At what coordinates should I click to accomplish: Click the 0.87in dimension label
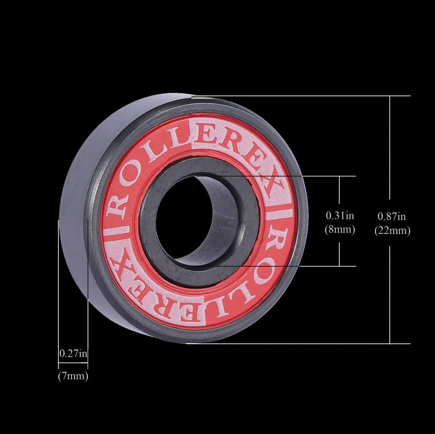391,216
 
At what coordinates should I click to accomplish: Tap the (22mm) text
392,231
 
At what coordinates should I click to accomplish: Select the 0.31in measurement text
340,216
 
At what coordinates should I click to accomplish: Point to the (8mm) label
340,230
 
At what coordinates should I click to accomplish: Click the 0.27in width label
73,354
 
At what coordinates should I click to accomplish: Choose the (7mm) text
73,377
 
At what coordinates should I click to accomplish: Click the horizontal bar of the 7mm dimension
73,364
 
